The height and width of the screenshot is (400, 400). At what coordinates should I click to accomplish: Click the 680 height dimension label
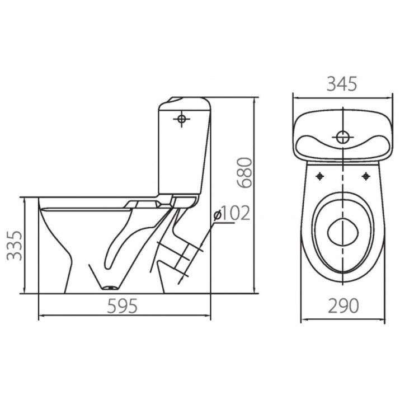pos(244,173)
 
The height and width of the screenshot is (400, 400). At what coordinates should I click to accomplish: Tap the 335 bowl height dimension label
pos(14,246)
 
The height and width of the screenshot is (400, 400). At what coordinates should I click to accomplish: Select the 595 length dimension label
pos(122,306)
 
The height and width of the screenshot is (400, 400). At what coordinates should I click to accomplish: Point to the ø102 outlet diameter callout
pos(232,213)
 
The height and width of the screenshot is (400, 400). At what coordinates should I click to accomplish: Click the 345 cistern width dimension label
pos(342,84)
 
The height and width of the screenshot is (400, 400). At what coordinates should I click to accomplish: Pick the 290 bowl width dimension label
pos(343,305)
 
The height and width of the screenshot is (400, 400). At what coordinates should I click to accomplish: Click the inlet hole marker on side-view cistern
pos(181,119)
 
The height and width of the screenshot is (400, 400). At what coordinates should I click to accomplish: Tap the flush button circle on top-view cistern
pos(342,137)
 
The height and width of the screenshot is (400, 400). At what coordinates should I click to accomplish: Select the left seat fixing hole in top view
pos(319,176)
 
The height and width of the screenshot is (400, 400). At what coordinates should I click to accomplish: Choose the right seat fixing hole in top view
pos(366,176)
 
